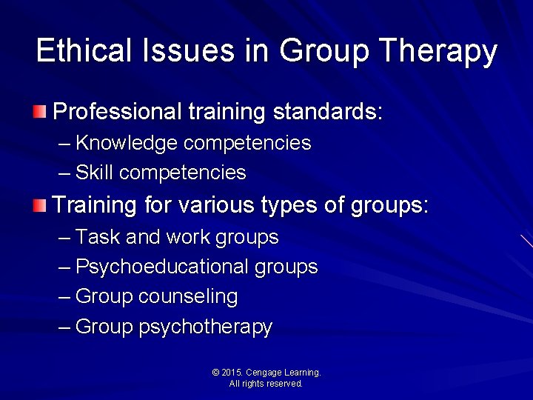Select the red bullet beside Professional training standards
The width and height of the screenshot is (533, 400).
[x=38, y=113]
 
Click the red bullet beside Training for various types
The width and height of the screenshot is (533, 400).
[x=38, y=205]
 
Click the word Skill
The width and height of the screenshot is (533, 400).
[x=94, y=173]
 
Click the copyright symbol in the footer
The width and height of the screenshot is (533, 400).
[x=215, y=373]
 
